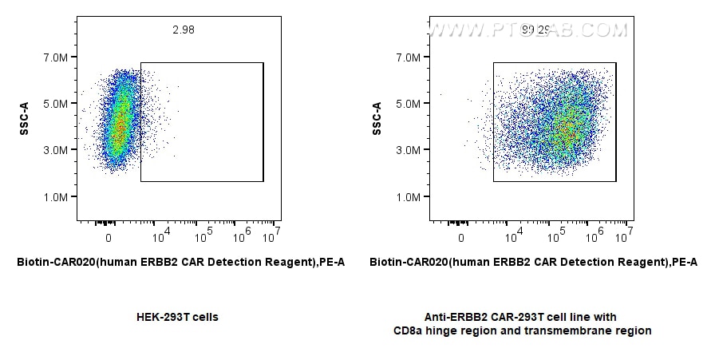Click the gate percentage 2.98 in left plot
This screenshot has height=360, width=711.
(183, 30)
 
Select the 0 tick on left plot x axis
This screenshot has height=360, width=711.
(109, 238)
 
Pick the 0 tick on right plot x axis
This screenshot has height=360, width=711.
(461, 238)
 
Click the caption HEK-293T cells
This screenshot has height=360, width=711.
(178, 317)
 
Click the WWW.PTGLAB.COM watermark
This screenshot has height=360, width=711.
(527, 30)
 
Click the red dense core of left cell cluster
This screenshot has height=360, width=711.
(118, 128)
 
